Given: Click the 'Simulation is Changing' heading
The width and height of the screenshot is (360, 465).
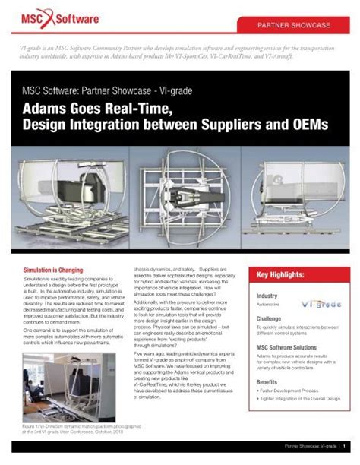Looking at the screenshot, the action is point(53,270).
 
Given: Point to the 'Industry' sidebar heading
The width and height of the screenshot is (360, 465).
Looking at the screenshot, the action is point(267,296).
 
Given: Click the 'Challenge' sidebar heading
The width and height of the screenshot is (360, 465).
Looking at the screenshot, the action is point(270,319).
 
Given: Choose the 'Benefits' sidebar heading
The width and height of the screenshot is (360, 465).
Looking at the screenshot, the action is point(267,381).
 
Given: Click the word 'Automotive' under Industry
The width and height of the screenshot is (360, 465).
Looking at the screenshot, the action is point(268,304).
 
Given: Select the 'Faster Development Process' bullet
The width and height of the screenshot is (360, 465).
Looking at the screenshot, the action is point(292,391).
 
